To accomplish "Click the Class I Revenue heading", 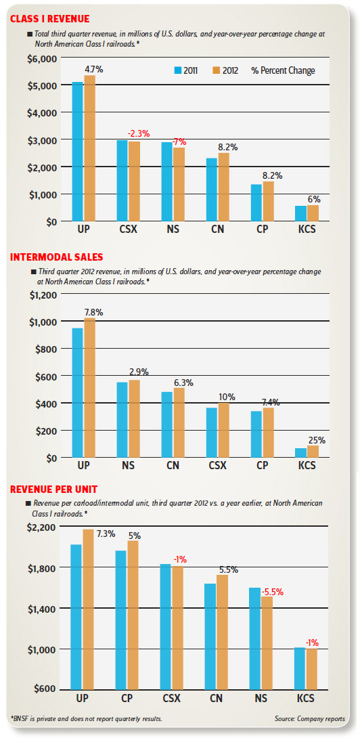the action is (49, 20).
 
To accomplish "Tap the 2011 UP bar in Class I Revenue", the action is (77, 152).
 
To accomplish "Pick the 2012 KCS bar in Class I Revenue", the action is (313, 213).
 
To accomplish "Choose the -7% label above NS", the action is (179, 142).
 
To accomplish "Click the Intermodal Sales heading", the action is (56, 257).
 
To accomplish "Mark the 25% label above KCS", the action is (317, 441).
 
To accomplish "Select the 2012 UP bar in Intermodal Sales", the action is (89, 388).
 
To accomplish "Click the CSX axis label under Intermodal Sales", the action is (217, 466).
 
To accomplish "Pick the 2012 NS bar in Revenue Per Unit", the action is (267, 643).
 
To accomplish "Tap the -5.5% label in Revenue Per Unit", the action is (273, 592).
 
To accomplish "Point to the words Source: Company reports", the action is (310, 718).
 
